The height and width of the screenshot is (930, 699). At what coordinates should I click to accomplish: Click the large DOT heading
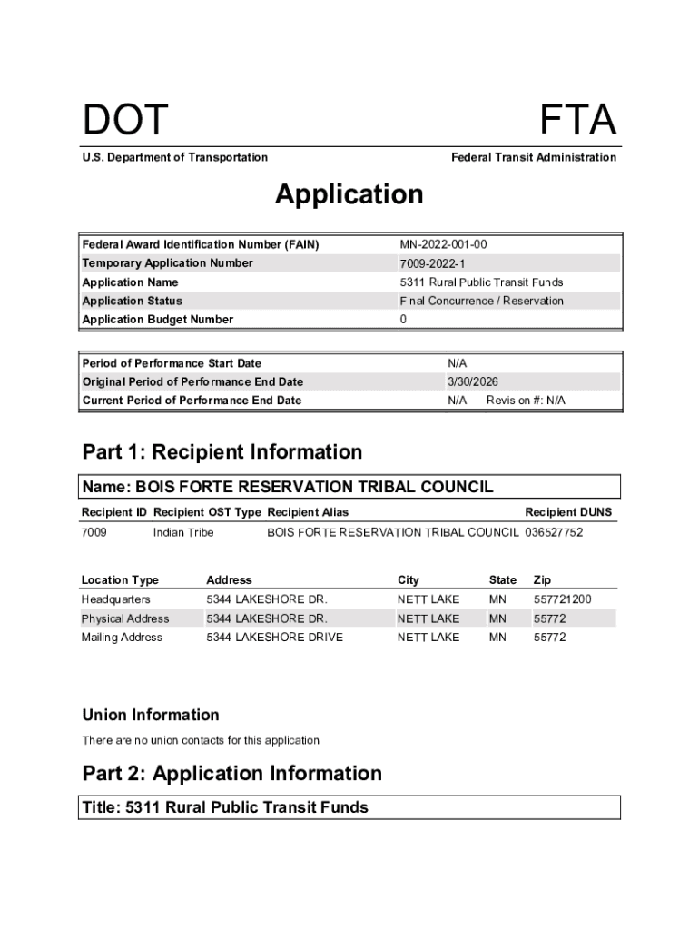[x=125, y=121]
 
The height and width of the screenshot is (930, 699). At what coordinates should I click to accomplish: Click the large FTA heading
[x=578, y=121]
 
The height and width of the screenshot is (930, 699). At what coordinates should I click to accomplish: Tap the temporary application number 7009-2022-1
[x=431, y=263]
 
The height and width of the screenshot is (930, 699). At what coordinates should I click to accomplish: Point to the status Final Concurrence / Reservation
[x=481, y=301]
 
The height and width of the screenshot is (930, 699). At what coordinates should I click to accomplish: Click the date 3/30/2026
[x=473, y=382]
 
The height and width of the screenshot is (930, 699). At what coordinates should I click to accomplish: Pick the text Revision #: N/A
[x=526, y=401]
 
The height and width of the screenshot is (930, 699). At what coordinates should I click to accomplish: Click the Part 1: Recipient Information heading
[x=222, y=452]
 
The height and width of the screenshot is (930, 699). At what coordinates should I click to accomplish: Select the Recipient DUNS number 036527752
[x=554, y=532]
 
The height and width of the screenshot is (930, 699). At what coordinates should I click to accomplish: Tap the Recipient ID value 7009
[x=94, y=532]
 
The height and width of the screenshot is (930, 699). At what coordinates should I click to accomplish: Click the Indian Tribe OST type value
[x=183, y=532]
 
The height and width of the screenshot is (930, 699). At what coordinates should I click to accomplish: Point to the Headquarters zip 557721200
[x=562, y=599]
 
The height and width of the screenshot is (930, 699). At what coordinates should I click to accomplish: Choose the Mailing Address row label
[x=122, y=638]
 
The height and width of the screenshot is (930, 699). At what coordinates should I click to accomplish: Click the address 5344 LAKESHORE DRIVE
[x=274, y=638]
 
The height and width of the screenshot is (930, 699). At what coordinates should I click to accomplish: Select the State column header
[x=502, y=579]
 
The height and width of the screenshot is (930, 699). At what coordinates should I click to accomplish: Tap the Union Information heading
[x=151, y=715]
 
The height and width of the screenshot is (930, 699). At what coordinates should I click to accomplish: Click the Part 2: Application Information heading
[x=231, y=774]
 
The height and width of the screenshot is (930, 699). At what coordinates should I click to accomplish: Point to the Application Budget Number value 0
[x=403, y=320]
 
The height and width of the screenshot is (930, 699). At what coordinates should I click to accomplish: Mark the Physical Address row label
[x=125, y=618]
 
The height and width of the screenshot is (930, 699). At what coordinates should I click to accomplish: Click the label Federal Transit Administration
[x=533, y=157]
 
